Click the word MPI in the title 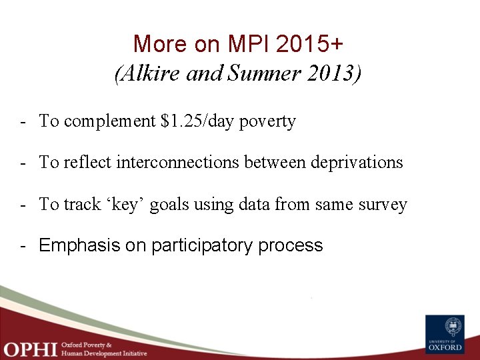[x=252, y=44]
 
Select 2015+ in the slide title [x=313, y=44]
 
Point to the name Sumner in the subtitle [x=261, y=74]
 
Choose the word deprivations [x=357, y=163]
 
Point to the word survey [x=383, y=204]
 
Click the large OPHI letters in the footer [x=29, y=348]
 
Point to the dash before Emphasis [x=23, y=246]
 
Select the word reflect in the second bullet [x=87, y=163]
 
